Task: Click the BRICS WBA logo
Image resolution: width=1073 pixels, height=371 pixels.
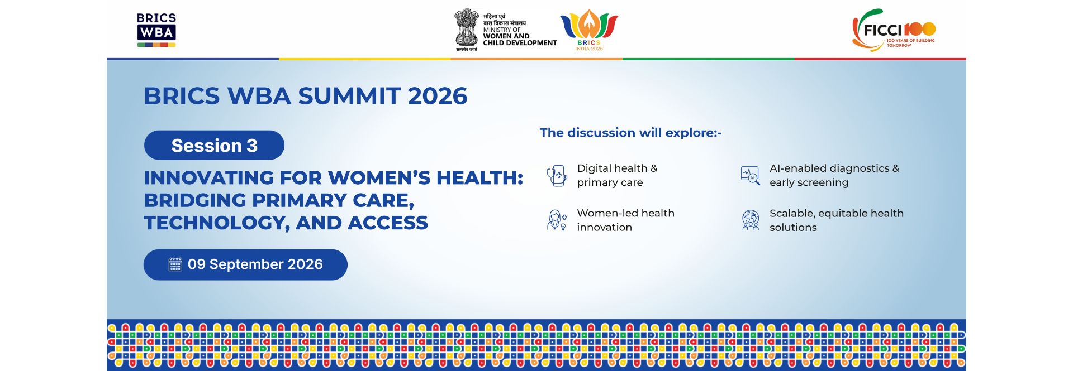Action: (156, 30)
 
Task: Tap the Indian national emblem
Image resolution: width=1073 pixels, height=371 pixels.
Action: (467, 29)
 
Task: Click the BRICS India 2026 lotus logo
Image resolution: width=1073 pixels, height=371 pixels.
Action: (589, 30)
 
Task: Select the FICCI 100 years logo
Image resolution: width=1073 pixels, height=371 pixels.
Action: (893, 30)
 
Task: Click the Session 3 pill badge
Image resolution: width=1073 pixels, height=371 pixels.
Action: (214, 145)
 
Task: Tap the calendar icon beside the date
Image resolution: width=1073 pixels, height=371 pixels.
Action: (175, 264)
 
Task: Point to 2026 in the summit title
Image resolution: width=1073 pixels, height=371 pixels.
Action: (437, 96)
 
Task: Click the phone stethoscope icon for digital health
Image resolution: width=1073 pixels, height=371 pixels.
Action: (557, 176)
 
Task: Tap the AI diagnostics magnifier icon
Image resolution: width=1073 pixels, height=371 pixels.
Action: (750, 176)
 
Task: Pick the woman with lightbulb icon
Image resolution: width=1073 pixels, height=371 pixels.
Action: (557, 220)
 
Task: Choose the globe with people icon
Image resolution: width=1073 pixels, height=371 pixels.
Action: (751, 220)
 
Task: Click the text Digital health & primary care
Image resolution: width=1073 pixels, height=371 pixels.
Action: (617, 175)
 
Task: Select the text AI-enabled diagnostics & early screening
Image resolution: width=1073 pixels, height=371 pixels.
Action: (834, 175)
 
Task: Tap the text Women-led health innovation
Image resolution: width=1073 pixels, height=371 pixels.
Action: (625, 220)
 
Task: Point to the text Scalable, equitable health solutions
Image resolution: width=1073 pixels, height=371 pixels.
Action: (837, 220)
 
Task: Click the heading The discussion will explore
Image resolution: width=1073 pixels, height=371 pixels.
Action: (630, 133)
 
